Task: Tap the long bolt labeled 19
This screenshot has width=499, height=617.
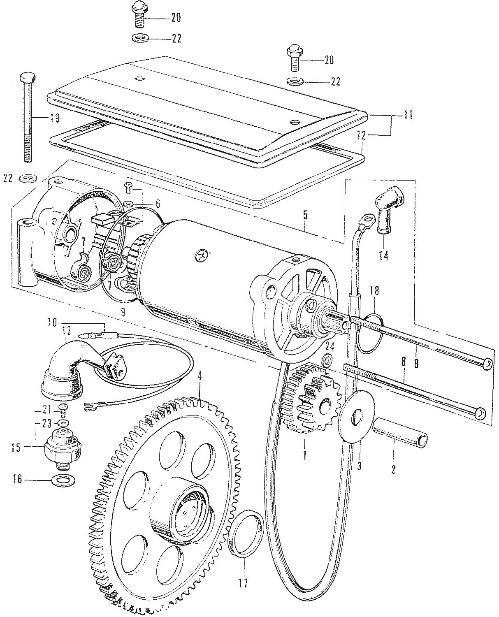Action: [28, 119]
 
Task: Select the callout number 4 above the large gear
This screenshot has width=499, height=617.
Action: [200, 376]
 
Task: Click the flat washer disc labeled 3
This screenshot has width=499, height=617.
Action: [356, 416]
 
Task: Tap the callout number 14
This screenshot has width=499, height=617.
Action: [383, 256]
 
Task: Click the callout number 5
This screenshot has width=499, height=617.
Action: [305, 215]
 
